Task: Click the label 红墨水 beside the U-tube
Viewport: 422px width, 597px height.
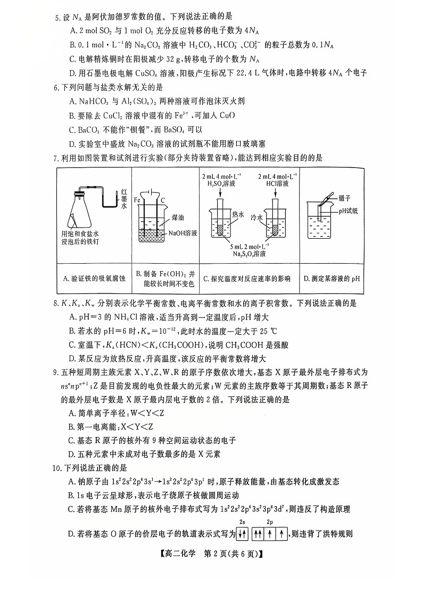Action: (x=123, y=198)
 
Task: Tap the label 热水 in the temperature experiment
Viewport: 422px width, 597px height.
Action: (x=237, y=215)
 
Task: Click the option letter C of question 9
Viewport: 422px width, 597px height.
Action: (x=72, y=440)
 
